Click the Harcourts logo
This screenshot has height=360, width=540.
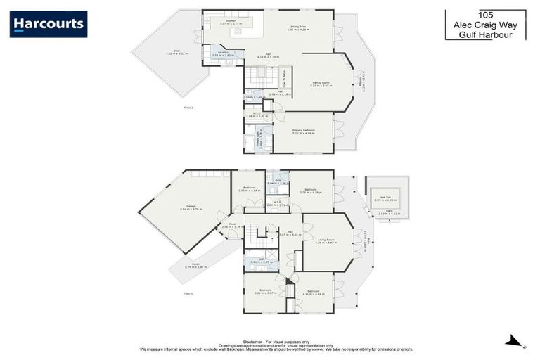pos(49,25)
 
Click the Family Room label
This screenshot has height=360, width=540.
pos(321,84)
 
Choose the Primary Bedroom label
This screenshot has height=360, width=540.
pos(303,131)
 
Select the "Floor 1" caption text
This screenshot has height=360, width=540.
pos(188,292)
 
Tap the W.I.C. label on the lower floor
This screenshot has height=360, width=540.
pos(277,203)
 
